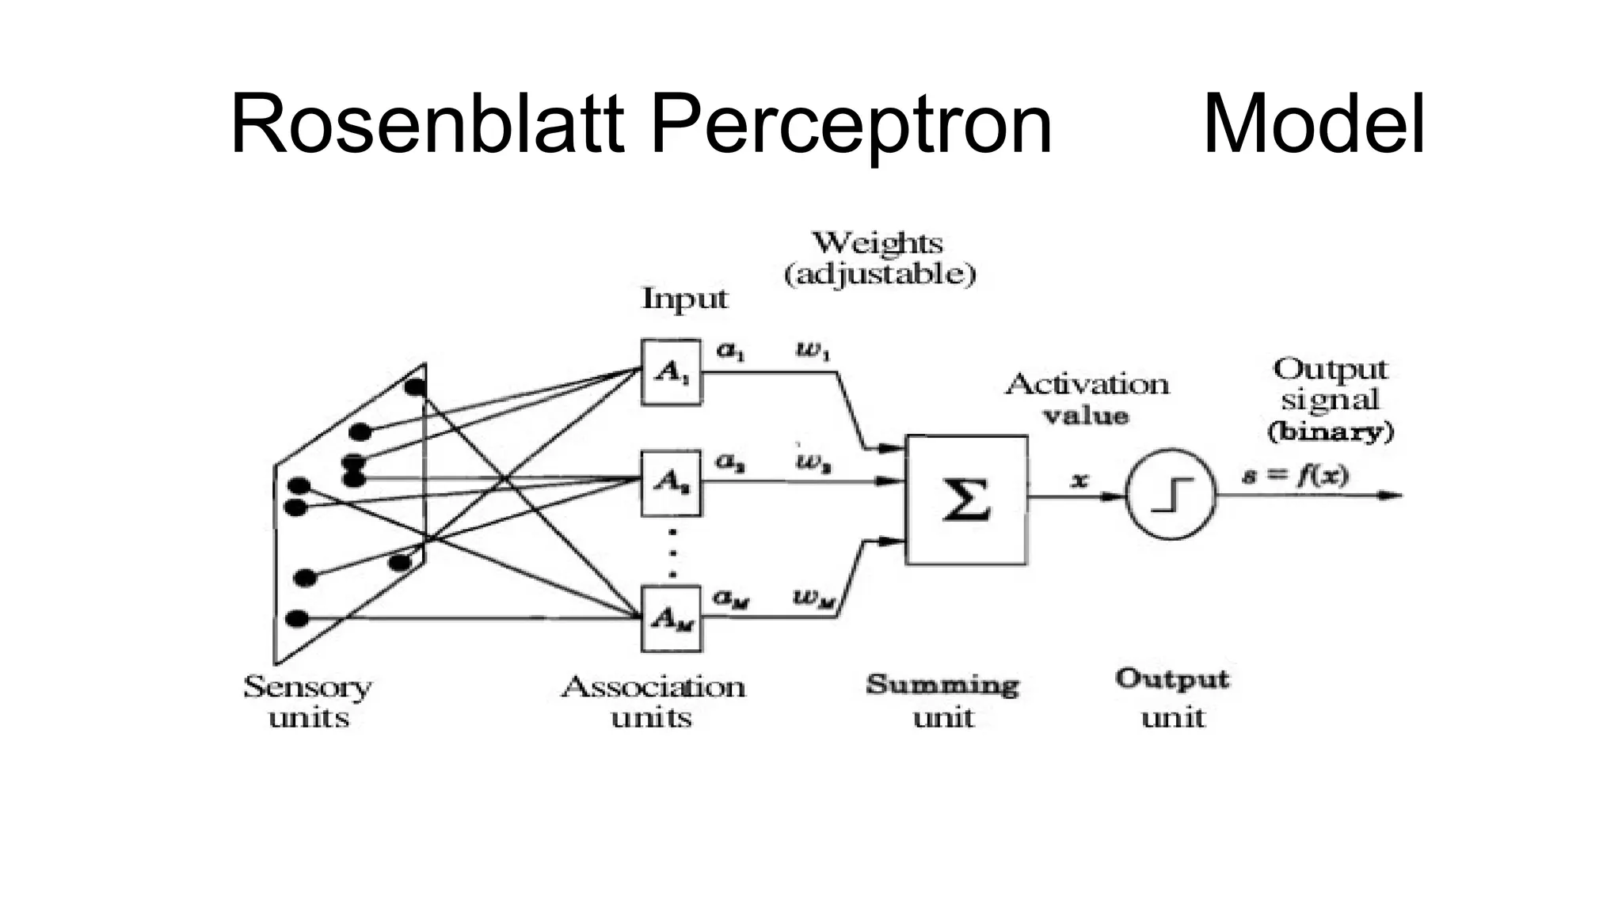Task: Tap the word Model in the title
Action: pos(1313,125)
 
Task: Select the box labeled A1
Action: pos(671,372)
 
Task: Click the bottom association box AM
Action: pos(671,618)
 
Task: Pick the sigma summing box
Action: pos(966,500)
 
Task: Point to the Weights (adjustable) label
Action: pos(879,258)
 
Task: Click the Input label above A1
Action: pos(683,299)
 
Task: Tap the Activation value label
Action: pos(1087,400)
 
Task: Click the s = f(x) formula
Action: pos(1295,476)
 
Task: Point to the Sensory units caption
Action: pos(307,701)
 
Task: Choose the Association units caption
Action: pos(653,701)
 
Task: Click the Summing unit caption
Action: pos(942,701)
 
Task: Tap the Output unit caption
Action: pos(1172,698)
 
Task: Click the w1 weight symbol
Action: pos(813,351)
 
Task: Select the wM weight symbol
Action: pos(814,598)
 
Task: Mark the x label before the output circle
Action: pos(1079,480)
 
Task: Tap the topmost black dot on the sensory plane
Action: pos(415,387)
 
